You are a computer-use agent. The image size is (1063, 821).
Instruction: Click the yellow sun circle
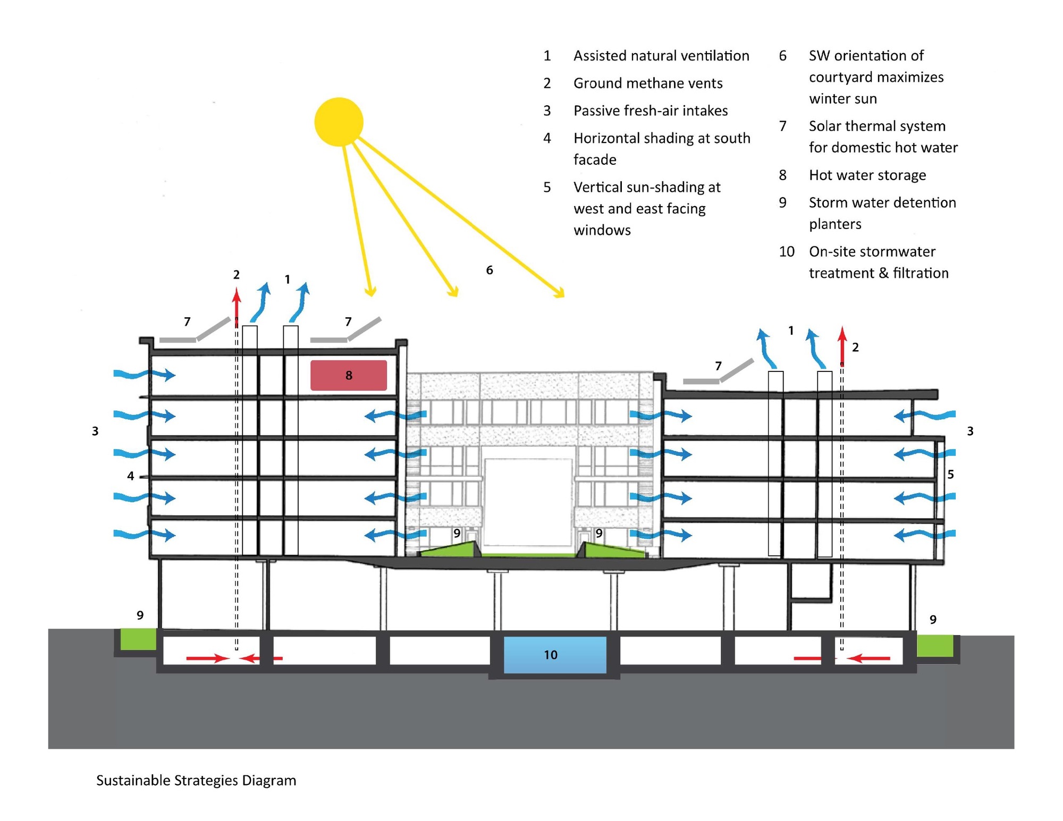tap(339, 122)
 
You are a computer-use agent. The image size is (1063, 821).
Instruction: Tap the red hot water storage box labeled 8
tap(349, 375)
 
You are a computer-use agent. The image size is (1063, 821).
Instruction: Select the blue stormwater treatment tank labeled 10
tap(555, 655)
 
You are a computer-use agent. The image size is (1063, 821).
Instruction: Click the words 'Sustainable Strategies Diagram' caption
tap(196, 780)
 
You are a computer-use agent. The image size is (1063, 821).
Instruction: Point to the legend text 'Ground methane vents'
tap(648, 83)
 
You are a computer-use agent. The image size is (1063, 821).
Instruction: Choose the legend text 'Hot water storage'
tap(867, 175)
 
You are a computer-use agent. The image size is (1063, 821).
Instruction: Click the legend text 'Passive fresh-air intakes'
tap(651, 111)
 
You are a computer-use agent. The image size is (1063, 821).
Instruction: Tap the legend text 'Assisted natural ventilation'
tap(661, 56)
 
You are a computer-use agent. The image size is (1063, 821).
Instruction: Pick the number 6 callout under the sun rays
tap(490, 270)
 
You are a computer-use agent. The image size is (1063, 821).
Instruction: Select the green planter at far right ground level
tap(935, 645)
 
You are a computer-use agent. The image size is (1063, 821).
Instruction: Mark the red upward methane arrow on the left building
tap(237, 306)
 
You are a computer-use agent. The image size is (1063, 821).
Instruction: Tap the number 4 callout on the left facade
tap(131, 476)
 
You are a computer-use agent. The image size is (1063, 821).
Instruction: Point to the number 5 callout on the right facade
tap(950, 474)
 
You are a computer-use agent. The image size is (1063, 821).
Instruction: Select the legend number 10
tap(787, 251)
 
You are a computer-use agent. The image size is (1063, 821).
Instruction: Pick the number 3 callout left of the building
tap(95, 431)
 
